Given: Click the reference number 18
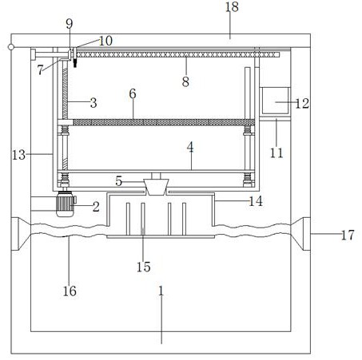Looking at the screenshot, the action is pyautogui.click(x=232, y=6).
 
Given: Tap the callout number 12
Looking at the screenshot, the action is pyautogui.click(x=302, y=103).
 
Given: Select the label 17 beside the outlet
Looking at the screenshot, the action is pyautogui.click(x=348, y=235).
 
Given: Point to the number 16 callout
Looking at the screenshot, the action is pyautogui.click(x=70, y=291).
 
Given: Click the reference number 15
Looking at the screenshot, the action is pyautogui.click(x=144, y=267).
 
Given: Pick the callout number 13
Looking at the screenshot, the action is pyautogui.click(x=18, y=155).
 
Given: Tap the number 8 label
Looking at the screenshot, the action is pyautogui.click(x=185, y=81).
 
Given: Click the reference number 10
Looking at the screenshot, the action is pyautogui.click(x=105, y=41).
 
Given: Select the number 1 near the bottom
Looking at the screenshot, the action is pyautogui.click(x=161, y=291).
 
